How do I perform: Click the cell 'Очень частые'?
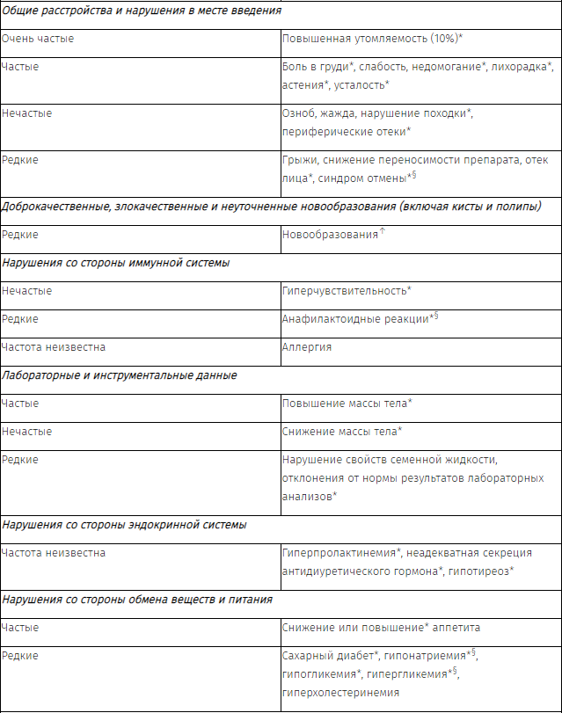[38, 40]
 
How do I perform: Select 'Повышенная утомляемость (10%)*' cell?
[373, 40]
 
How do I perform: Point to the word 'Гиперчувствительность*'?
[347, 290]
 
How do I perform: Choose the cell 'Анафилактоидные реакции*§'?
[360, 318]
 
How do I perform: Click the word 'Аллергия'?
[307, 346]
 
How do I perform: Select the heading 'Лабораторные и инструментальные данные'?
[120, 375]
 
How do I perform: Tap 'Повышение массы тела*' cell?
[347, 403]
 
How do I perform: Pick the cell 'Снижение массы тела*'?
[342, 431]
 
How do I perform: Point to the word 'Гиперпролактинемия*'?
[342, 552]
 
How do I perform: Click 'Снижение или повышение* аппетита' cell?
[381, 627]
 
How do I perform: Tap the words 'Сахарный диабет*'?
[331, 655]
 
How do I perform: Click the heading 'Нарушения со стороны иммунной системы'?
[116, 262]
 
